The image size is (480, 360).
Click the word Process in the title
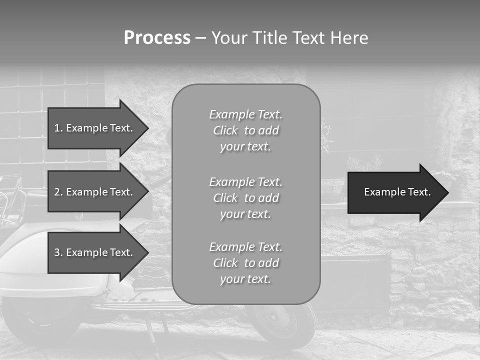(157, 38)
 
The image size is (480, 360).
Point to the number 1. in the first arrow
(58, 128)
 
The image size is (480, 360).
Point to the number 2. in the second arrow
(58, 192)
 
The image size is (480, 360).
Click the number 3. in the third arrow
(58, 252)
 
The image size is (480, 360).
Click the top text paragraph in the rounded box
(245, 130)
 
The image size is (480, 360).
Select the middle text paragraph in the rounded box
(245, 198)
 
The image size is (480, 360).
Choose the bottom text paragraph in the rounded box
(245, 263)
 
